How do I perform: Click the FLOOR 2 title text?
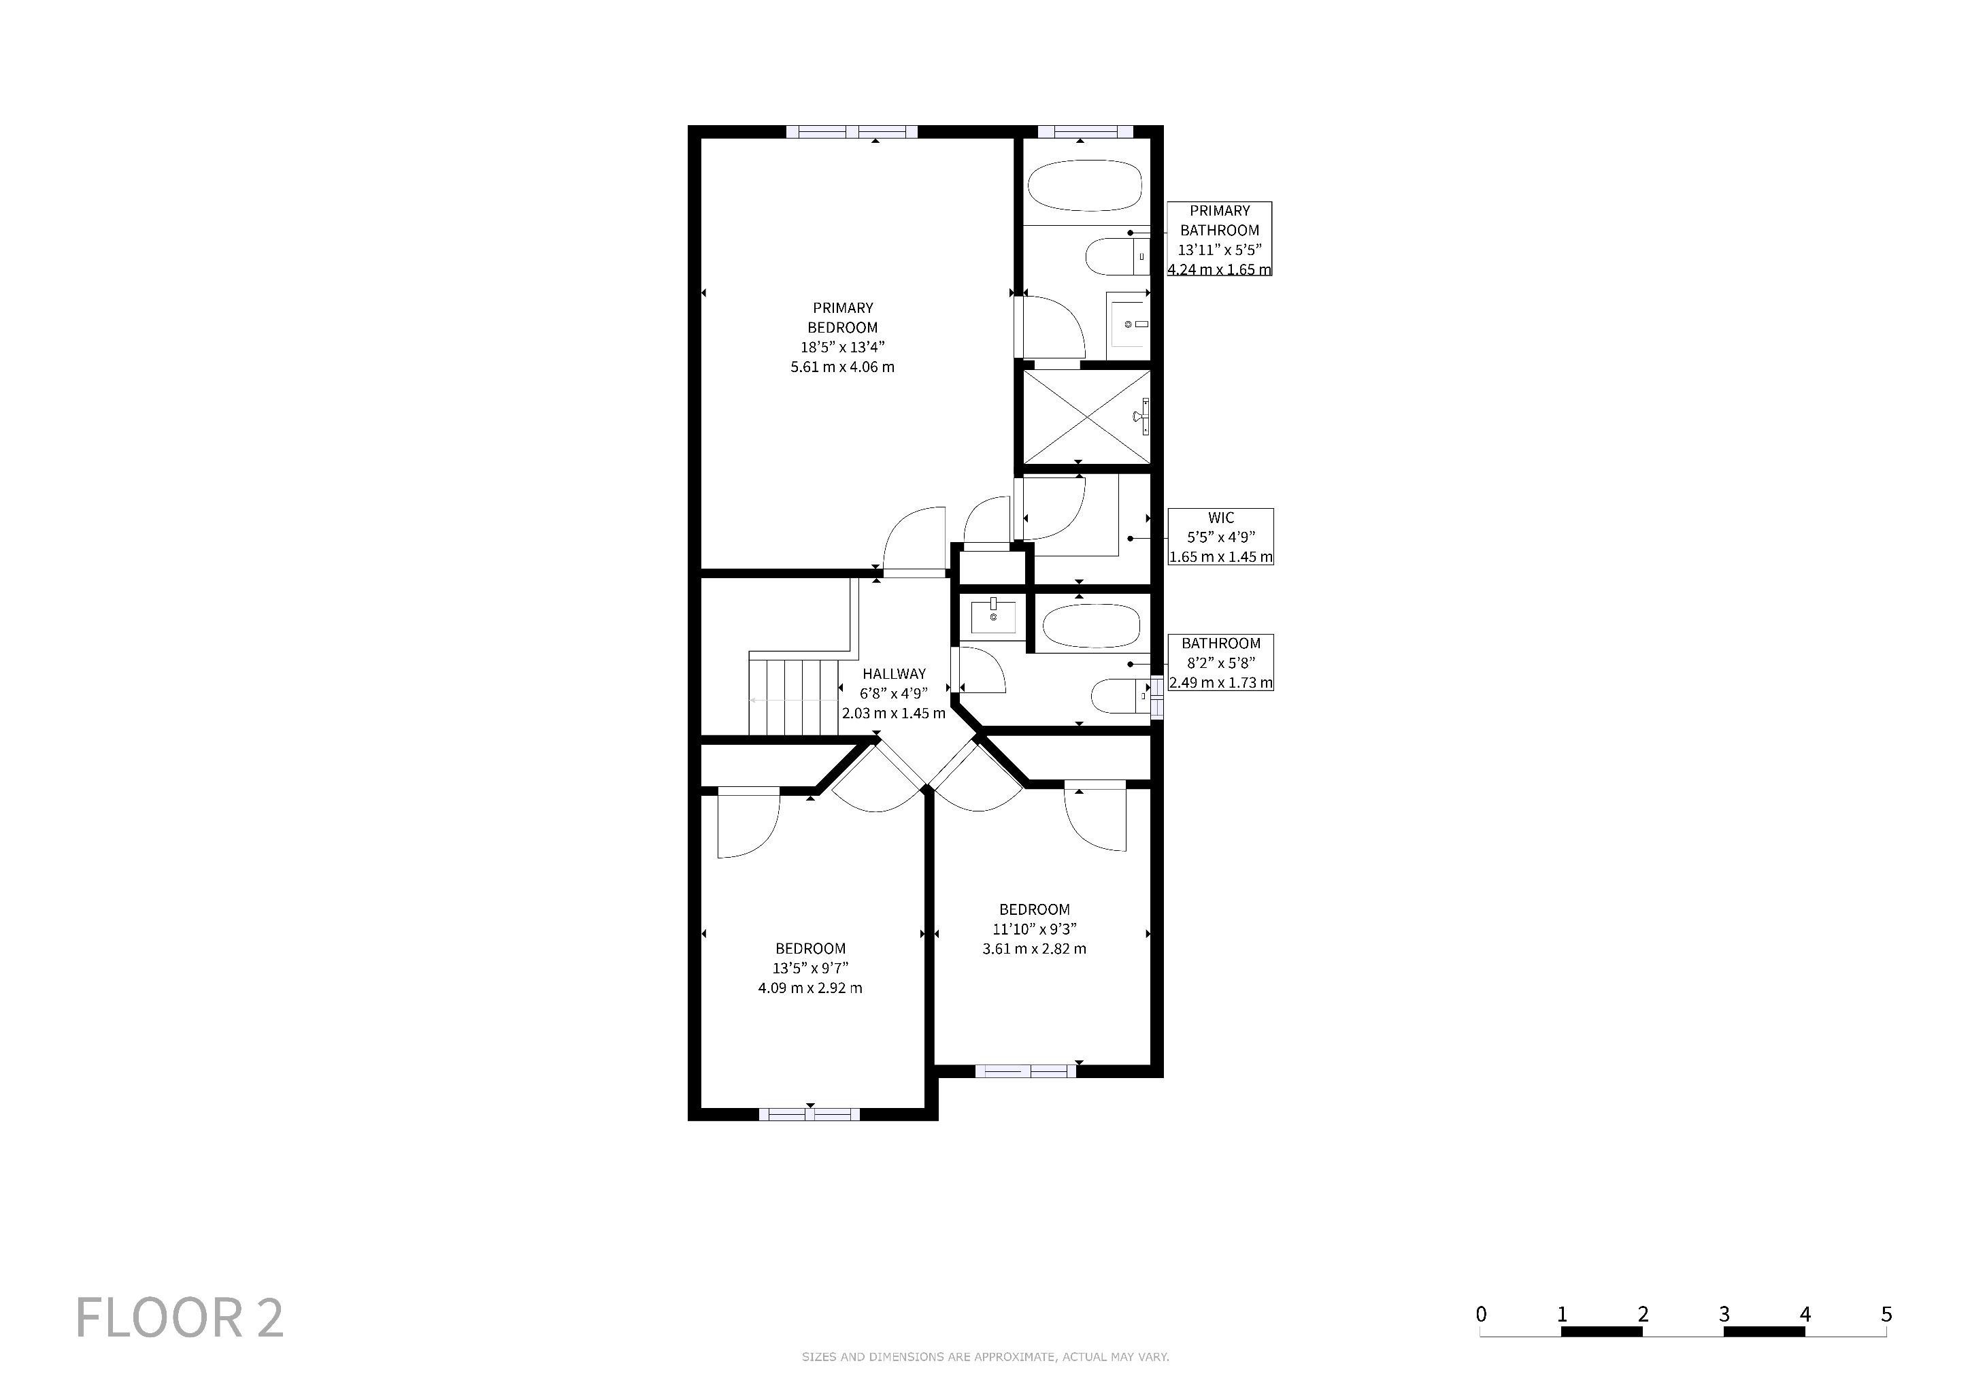coord(180,1318)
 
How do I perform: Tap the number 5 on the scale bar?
coord(1886,1314)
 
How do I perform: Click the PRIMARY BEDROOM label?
coord(843,318)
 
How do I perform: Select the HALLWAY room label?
coord(894,674)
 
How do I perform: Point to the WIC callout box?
coord(1221,537)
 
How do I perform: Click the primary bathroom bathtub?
coord(1086,185)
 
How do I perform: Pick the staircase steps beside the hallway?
coord(794,696)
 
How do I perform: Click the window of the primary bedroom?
coord(852,132)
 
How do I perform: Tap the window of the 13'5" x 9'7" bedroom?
coord(809,1114)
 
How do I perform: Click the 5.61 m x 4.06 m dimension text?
coord(843,367)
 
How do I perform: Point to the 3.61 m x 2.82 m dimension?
coord(1035,949)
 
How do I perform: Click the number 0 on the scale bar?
coord(1481,1314)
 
